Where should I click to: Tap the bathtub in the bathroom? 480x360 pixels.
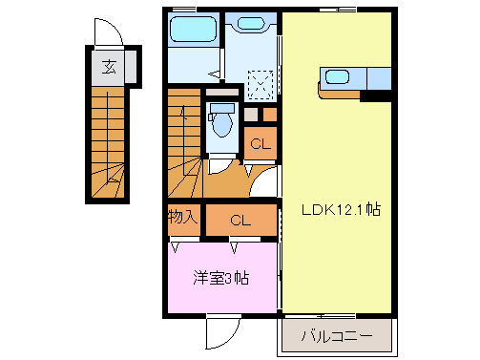pyautogui.click(x=193, y=31)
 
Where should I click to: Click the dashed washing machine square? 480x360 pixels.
pyautogui.click(x=260, y=85)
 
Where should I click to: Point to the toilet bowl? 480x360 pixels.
pyautogui.click(x=222, y=122)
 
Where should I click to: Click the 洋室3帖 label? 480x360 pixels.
pyautogui.click(x=221, y=279)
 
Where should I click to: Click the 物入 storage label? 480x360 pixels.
pyautogui.click(x=183, y=217)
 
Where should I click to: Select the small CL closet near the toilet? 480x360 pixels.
pyautogui.click(x=258, y=144)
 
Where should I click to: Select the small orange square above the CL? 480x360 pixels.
pyautogui.click(x=250, y=115)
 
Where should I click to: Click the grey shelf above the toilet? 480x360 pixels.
pyautogui.click(x=222, y=94)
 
